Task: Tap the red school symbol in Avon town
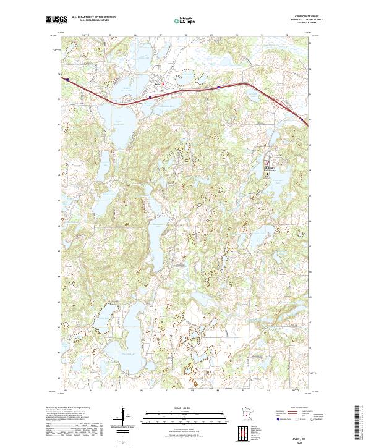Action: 163,84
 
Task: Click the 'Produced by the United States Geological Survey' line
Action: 69,408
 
